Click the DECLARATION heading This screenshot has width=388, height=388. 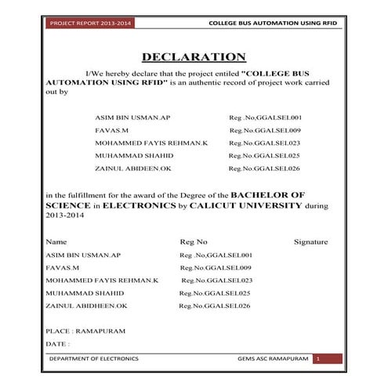pos(194,57)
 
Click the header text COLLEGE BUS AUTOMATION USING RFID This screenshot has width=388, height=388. pos(273,23)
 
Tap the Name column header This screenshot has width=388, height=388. pos(56,242)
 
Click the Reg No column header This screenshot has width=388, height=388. pos(194,242)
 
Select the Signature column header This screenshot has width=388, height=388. pos(310,242)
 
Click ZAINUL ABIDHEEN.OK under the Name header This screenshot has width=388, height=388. pos(86,305)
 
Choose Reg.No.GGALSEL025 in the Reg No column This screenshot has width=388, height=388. pos(216,292)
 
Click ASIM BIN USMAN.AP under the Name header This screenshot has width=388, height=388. pos(83,256)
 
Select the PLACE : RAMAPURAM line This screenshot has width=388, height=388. pos(85,331)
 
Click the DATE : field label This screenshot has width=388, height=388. pos(58,343)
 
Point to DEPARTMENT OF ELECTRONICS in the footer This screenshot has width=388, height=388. pos(93,358)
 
